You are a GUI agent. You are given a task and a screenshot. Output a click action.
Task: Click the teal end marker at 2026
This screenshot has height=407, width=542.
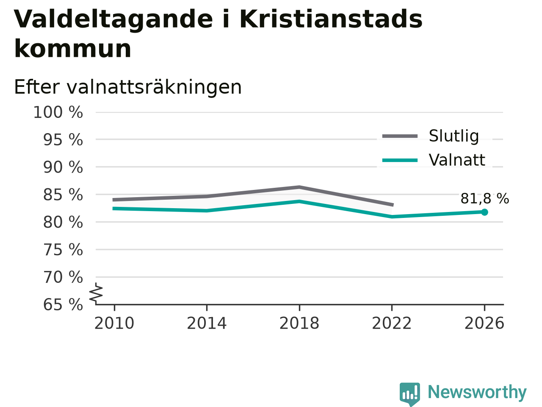coord(484,212)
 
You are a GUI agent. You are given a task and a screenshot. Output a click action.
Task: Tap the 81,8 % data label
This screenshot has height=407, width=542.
coord(485,198)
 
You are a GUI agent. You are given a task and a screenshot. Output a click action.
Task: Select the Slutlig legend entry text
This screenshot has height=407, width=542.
coord(454,136)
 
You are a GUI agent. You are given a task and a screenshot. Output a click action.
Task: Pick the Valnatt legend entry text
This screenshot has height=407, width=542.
coord(457,160)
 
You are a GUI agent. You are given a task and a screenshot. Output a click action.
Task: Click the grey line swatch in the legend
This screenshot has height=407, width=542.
coord(400,136)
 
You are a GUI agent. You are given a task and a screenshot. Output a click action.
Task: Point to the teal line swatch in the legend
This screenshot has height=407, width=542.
coord(400,160)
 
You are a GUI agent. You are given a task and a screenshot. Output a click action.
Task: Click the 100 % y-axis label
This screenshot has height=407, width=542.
coord(58,112)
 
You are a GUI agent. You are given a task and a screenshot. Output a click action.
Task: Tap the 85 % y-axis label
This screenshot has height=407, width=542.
coord(63,195)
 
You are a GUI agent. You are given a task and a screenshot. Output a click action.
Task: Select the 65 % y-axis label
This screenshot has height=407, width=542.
coord(63,304)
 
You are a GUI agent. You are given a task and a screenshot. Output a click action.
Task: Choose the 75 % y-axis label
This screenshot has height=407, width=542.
coord(63,250)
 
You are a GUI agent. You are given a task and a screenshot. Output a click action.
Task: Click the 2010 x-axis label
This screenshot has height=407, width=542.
coord(114,323)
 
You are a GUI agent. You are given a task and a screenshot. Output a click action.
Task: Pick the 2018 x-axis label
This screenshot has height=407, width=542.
coord(299,323)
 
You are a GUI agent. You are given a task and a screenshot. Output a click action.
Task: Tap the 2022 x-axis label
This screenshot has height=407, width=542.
coord(392,323)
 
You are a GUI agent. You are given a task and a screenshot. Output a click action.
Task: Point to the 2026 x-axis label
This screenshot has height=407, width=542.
coord(484,323)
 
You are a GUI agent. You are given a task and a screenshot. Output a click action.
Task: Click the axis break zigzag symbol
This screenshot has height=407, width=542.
coord(96,293)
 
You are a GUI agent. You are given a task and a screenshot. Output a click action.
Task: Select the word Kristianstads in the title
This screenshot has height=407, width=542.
coord(331,20)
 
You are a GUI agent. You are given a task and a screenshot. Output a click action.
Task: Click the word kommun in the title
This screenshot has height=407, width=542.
coord(72,49)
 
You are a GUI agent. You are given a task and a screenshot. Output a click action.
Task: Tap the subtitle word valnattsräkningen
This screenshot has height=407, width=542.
coord(154,87)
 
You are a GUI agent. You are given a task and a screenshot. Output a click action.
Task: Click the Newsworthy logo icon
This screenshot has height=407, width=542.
coord(409,394)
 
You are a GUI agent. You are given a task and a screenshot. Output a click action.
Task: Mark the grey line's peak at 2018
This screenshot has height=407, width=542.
coord(299,187)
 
